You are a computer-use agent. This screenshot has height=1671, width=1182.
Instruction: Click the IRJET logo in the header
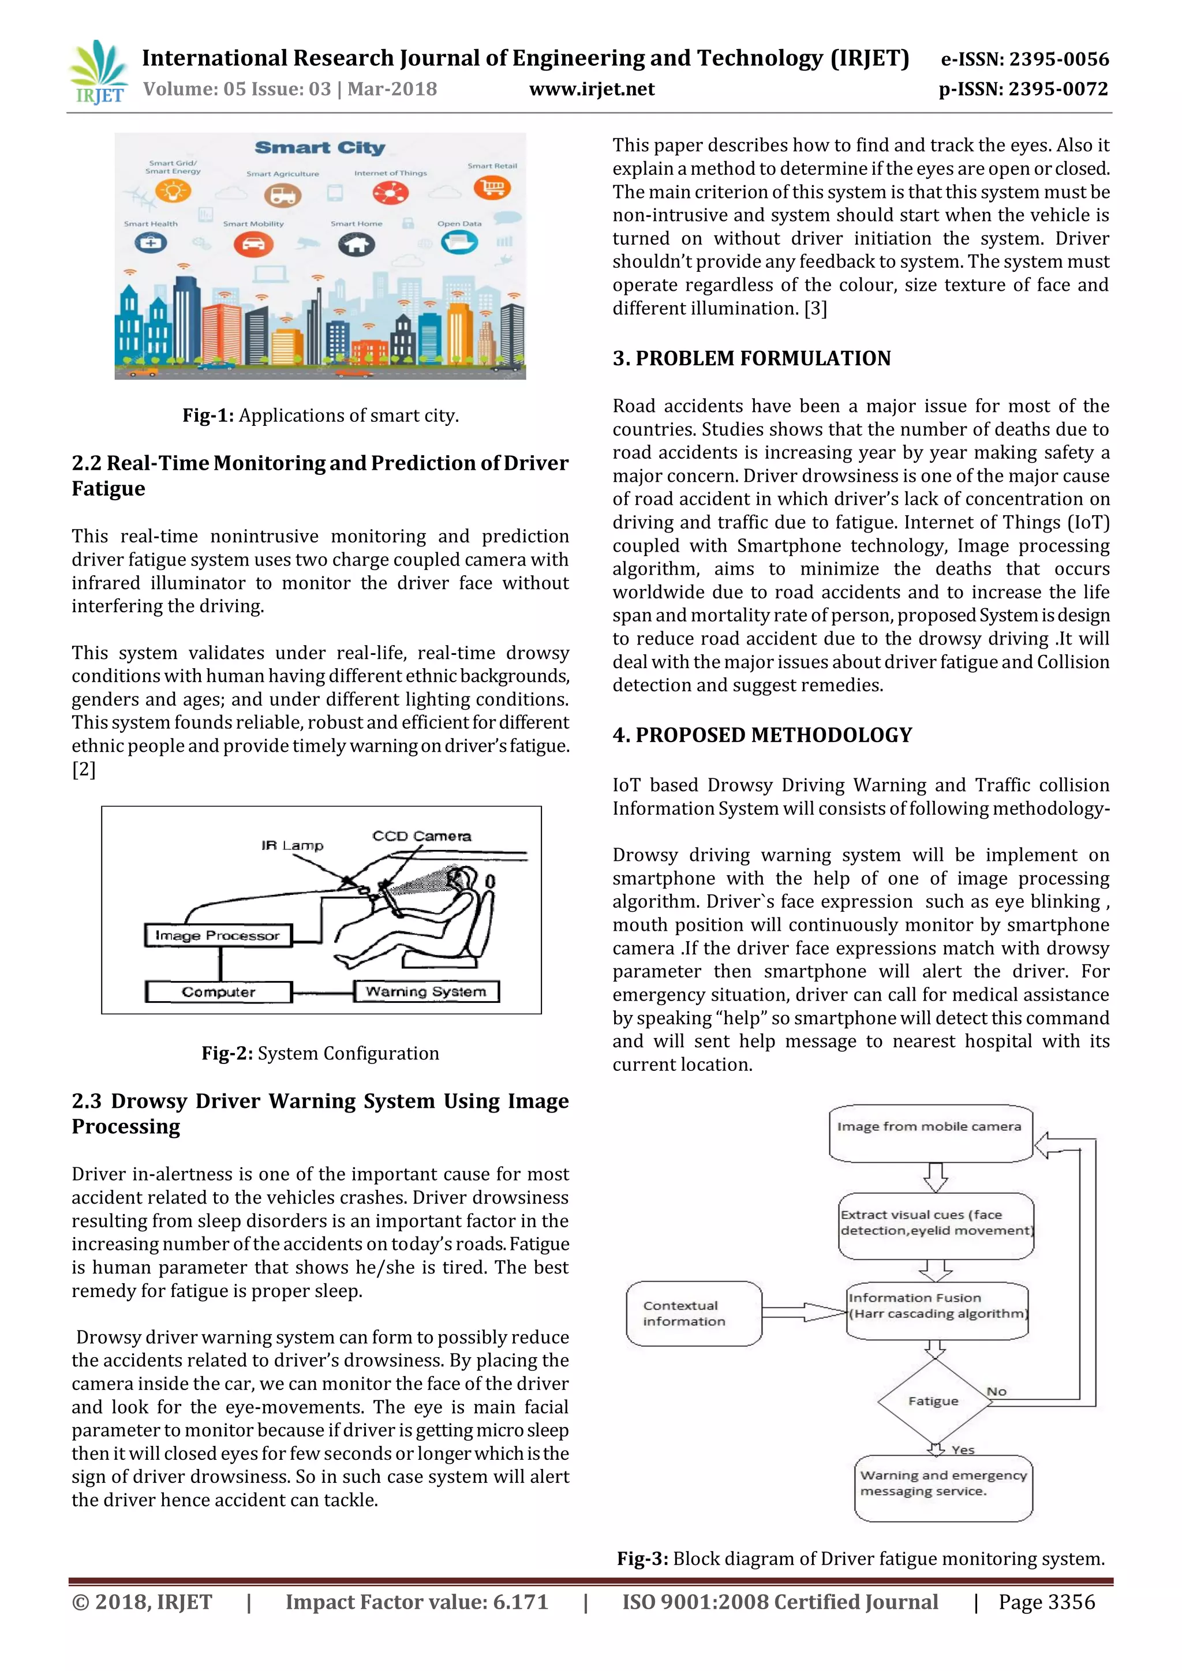click(x=98, y=73)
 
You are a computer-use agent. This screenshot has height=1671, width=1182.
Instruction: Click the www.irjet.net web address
click(x=591, y=89)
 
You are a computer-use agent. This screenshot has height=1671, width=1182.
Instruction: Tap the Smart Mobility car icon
click(x=253, y=244)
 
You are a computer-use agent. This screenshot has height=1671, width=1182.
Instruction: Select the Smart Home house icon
click(x=356, y=244)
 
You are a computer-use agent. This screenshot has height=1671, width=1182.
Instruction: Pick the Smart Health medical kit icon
click(x=151, y=243)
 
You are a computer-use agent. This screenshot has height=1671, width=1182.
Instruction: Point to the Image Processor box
click(x=218, y=936)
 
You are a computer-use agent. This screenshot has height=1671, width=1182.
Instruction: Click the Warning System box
click(x=426, y=991)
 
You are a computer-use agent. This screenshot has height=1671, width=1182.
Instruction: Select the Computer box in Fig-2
click(x=218, y=991)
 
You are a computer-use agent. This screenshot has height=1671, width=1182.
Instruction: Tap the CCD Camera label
click(x=421, y=836)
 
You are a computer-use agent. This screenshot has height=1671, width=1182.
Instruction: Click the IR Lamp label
click(x=292, y=846)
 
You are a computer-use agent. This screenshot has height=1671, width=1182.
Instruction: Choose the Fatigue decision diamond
click(x=933, y=1401)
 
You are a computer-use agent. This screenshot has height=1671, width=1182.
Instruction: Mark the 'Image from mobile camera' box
click(x=930, y=1134)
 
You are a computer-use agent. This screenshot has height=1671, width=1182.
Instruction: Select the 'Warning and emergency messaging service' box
click(x=943, y=1488)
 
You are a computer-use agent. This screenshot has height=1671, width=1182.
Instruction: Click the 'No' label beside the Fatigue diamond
click(x=996, y=1392)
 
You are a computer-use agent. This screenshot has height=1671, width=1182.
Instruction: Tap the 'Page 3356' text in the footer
click(x=1046, y=1602)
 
